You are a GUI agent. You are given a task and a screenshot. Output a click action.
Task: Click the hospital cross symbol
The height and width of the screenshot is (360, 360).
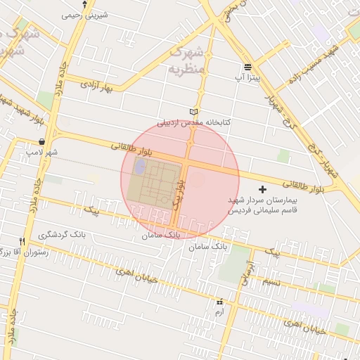point(263,189)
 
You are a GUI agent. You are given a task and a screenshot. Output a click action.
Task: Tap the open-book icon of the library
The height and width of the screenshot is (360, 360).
point(194,112)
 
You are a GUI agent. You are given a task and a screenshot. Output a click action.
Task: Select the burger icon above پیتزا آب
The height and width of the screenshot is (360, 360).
point(247,67)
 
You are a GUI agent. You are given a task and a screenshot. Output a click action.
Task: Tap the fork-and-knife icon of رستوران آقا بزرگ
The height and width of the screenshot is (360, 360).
point(23,241)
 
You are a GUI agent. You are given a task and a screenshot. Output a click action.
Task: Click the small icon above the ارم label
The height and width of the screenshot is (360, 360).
point(219,301)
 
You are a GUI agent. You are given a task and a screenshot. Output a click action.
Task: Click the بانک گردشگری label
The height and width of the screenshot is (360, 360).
point(63,234)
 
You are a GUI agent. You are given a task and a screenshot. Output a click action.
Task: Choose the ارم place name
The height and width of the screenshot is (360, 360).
point(219,311)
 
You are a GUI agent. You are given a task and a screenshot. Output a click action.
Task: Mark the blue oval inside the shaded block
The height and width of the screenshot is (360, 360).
point(140,167)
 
